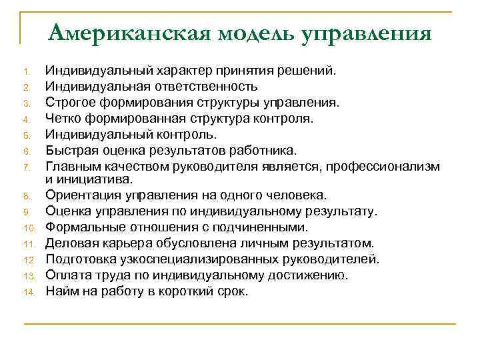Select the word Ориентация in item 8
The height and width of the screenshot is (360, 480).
(x=79, y=195)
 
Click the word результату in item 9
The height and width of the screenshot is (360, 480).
(x=340, y=211)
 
